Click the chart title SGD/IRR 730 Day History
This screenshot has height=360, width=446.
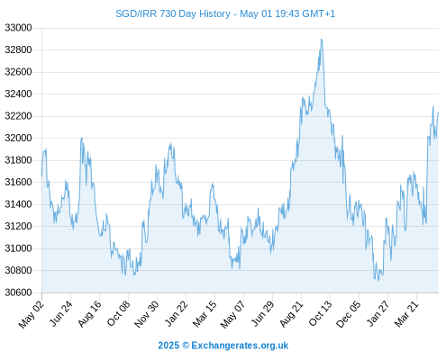[173, 13]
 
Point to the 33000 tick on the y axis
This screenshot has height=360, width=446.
[18, 28]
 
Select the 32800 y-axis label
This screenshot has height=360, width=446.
[18, 49]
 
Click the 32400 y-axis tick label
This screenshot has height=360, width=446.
[18, 94]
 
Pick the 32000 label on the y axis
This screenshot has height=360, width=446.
[18, 138]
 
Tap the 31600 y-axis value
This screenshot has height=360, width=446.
[18, 182]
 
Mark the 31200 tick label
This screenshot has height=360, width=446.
[18, 226]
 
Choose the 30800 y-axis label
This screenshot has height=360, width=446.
[18, 270]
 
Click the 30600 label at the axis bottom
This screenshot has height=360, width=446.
[18, 292]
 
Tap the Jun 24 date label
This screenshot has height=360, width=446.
[61, 313]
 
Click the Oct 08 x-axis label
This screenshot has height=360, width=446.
[119, 313]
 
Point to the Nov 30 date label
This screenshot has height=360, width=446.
[147, 314]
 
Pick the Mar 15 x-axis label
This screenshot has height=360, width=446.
[205, 314]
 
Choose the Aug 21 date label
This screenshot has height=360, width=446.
[291, 314]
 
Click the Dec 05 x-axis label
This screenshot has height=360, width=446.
[349, 314]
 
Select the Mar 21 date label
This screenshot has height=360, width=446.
[406, 314]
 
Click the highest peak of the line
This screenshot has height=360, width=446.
[322, 40]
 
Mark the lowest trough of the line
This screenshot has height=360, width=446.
[378, 280]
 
